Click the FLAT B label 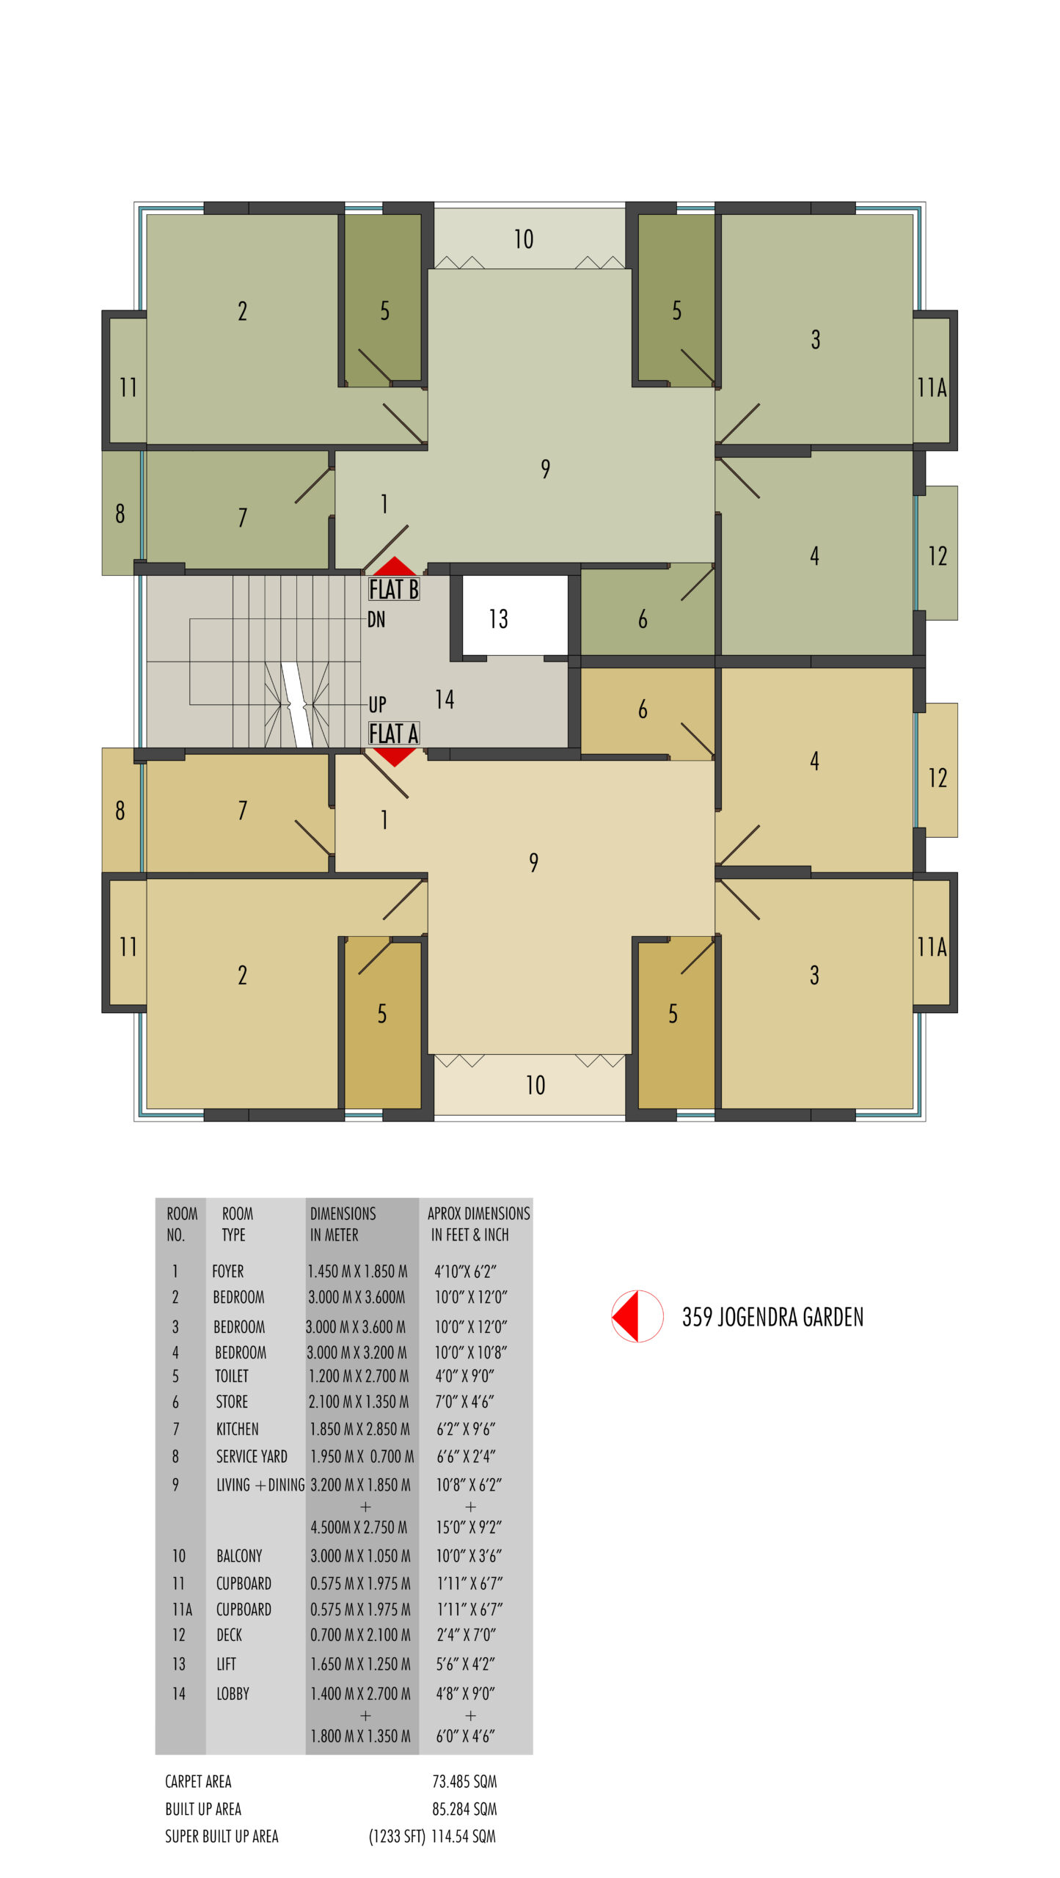(x=394, y=589)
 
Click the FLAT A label (x=394, y=734)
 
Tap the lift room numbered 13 (x=515, y=615)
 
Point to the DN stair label (x=376, y=620)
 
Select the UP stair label (x=377, y=705)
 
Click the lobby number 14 (x=445, y=699)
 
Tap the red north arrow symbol (x=637, y=1316)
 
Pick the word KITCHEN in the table (x=237, y=1429)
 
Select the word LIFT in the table (x=226, y=1664)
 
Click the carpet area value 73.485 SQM (x=464, y=1781)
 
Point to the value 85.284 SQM (x=464, y=1809)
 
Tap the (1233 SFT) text (x=397, y=1836)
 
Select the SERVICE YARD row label (x=252, y=1456)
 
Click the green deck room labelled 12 (x=937, y=553)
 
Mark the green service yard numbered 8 (x=120, y=513)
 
